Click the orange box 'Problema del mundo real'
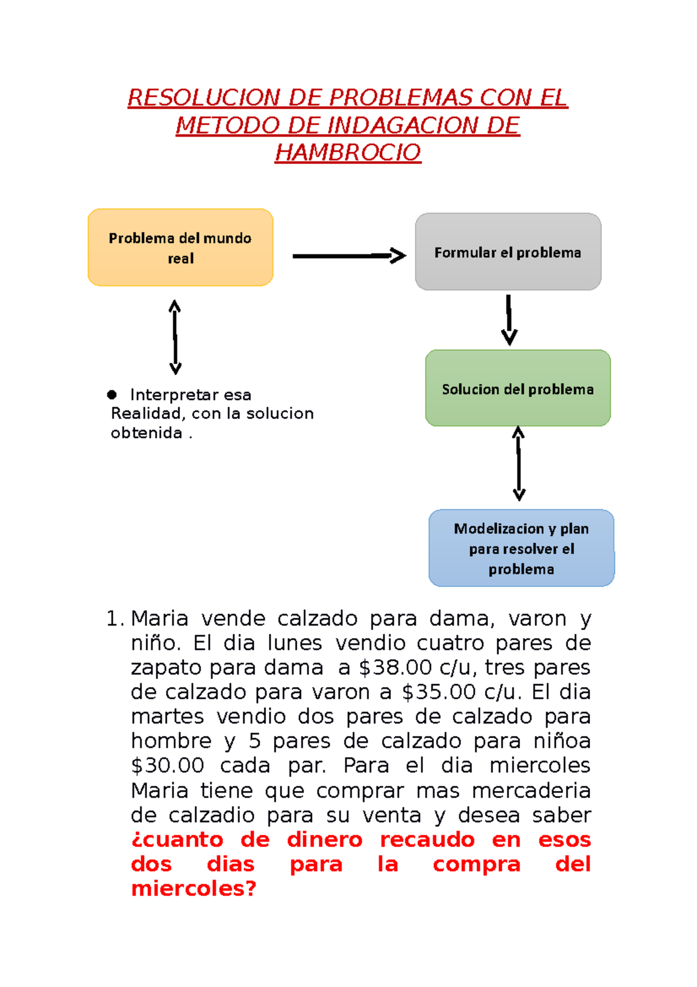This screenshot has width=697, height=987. [x=180, y=248]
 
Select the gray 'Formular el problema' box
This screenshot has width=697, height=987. [x=508, y=252]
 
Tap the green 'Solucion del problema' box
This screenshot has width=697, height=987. [x=518, y=388]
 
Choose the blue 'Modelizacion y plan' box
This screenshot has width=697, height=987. [x=521, y=548]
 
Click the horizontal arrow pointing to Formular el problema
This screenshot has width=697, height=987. [x=348, y=256]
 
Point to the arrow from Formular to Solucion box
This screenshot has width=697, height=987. [x=509, y=320]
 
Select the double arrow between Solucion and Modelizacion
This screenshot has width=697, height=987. [x=519, y=464]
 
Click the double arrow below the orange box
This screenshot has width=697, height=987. [x=175, y=337]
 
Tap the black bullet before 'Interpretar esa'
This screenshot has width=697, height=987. [x=112, y=395]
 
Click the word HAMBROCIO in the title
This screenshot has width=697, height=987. [x=348, y=153]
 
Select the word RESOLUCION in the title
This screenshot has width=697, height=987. [x=204, y=98]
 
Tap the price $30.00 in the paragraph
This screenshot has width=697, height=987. [x=167, y=766]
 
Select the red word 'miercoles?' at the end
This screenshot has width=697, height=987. [x=193, y=889]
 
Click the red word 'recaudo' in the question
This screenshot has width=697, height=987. [x=427, y=840]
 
